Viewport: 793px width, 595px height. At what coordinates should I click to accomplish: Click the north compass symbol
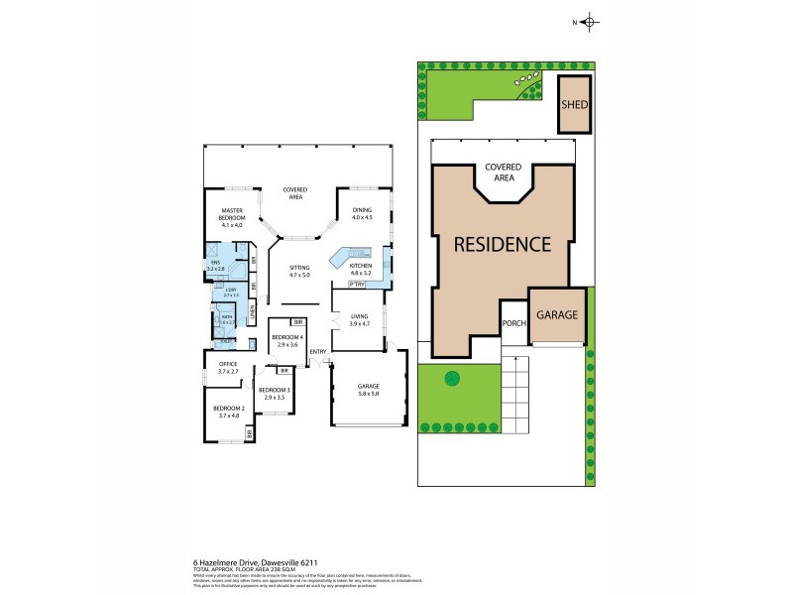click(x=588, y=22)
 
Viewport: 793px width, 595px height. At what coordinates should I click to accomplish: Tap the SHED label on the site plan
click(x=572, y=105)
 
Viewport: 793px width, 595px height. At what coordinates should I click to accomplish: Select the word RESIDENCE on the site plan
click(x=502, y=243)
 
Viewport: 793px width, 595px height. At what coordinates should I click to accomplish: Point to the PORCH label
click(x=513, y=322)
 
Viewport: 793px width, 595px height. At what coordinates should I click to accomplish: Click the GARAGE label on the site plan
click(x=557, y=314)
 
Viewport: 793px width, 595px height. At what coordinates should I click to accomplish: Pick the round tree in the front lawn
click(x=452, y=378)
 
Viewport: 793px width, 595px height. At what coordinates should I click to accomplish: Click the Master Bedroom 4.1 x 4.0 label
click(x=232, y=214)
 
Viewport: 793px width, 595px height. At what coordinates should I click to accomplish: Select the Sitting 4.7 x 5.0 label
click(x=299, y=271)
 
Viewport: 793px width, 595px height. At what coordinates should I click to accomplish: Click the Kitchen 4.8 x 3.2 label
click(x=361, y=268)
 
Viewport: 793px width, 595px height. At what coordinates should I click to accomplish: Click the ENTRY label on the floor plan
click(x=318, y=352)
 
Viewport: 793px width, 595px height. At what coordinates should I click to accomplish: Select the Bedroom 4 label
click(x=285, y=341)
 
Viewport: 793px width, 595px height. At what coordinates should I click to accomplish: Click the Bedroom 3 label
click(x=274, y=394)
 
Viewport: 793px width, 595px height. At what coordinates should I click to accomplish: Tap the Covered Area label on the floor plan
click(x=294, y=193)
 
